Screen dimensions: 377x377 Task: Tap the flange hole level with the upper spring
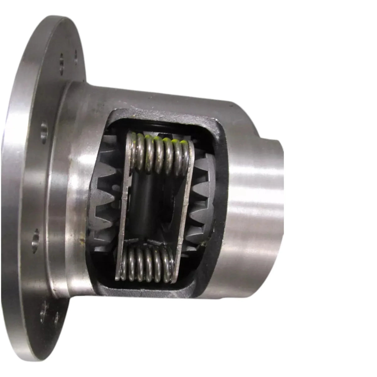44,128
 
